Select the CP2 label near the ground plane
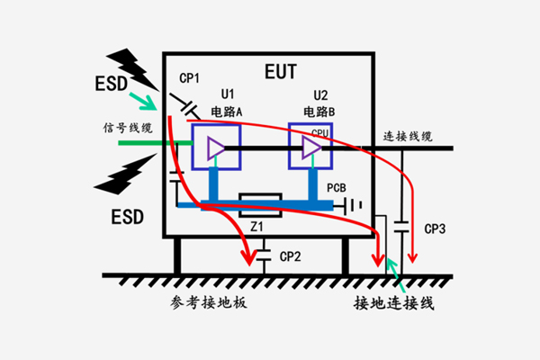click(x=290, y=257)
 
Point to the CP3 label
click(x=436, y=229)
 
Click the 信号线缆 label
click(x=126, y=127)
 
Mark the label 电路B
click(x=319, y=112)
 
